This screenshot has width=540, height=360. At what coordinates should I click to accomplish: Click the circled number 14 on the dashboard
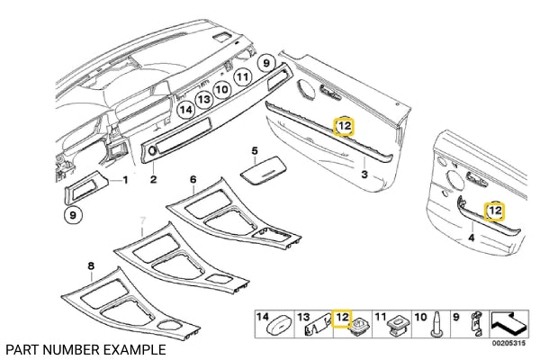click(186, 110)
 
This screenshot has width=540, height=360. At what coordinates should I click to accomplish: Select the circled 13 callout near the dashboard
click(204, 100)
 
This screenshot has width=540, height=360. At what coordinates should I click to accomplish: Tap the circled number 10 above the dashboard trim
click(222, 90)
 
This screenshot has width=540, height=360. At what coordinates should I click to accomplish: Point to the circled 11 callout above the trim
click(243, 78)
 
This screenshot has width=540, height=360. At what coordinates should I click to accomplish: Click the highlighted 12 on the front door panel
click(345, 127)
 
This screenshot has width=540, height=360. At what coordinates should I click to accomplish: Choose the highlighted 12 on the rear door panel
click(494, 211)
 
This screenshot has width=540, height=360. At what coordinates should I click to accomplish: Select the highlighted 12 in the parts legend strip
click(342, 317)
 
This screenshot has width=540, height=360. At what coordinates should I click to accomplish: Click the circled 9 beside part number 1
click(71, 215)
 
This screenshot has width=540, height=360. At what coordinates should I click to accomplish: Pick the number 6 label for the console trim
click(193, 179)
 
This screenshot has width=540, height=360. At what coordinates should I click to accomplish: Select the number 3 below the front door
click(364, 173)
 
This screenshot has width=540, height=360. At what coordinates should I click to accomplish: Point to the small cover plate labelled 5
click(262, 168)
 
